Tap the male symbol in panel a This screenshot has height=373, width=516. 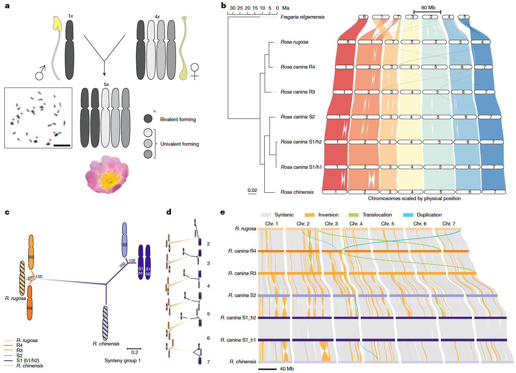pyautogui.click(x=40, y=73)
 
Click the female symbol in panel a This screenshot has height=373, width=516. pyautogui.click(x=194, y=71)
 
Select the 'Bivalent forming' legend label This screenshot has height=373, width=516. pyautogui.click(x=178, y=119)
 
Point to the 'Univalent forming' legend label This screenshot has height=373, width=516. pyautogui.click(x=179, y=144)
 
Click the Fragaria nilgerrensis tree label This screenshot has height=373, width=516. pyautogui.click(x=302, y=17)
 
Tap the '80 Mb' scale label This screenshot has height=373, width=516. pyautogui.click(x=428, y=7)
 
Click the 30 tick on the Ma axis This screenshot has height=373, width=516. pyautogui.click(x=233, y=8)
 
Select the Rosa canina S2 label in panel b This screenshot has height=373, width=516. pyautogui.click(x=297, y=117)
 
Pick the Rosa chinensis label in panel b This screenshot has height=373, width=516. pyautogui.click(x=297, y=192)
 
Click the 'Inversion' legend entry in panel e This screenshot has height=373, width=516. pyautogui.click(x=328, y=215)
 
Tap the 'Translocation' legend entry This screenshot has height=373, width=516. pyautogui.click(x=377, y=215)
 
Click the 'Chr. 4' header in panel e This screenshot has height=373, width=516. pyautogui.click(x=356, y=224)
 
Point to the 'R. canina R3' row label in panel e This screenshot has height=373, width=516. pyautogui.click(x=242, y=273)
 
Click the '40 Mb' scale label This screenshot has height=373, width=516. pyautogui.click(x=287, y=369)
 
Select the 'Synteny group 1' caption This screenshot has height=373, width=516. pyautogui.click(x=122, y=360)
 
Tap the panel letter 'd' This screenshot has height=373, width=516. pyautogui.click(x=169, y=212)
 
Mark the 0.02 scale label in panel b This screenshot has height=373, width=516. pyautogui.click(x=252, y=190)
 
